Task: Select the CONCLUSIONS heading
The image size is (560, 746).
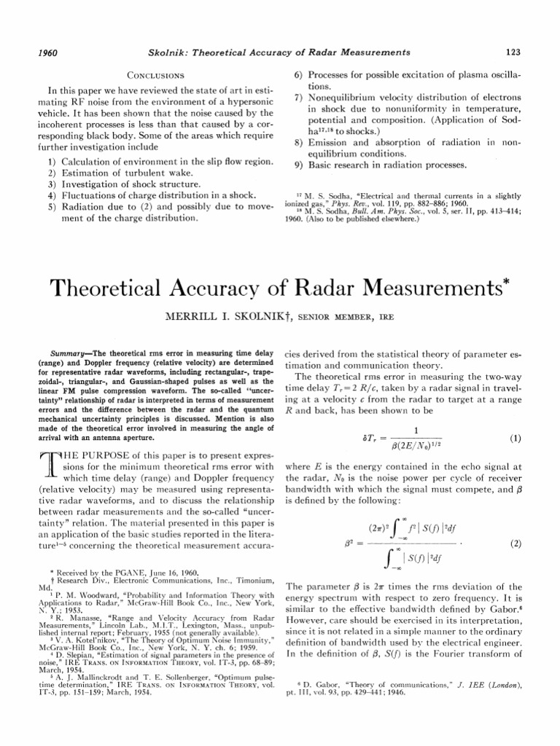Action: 155,74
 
